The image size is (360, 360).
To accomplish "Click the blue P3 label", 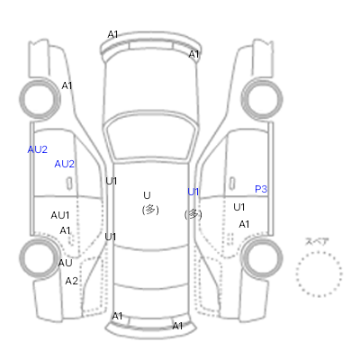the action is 261,189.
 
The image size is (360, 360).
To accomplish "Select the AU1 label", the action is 60,215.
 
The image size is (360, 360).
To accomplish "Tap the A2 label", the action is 71,281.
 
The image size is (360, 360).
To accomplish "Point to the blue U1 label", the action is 193,192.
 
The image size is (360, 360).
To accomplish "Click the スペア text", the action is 317,241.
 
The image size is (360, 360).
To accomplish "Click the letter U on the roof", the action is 147,195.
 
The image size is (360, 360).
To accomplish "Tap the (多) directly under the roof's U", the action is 150,210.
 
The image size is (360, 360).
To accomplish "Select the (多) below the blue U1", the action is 193,214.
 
